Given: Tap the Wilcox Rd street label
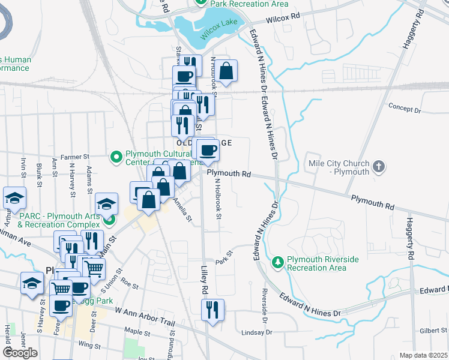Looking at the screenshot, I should (283, 18).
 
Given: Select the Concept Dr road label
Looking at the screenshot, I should (405, 109).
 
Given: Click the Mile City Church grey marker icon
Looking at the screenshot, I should (378, 166).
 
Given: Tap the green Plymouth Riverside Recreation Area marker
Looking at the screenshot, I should (277, 262).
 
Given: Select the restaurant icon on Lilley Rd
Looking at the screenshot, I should (212, 310).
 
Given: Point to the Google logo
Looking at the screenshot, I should (20, 353).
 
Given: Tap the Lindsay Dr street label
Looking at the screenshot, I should (258, 332).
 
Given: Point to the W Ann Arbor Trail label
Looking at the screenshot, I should (144, 318).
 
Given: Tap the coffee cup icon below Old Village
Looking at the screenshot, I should (208, 149).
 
